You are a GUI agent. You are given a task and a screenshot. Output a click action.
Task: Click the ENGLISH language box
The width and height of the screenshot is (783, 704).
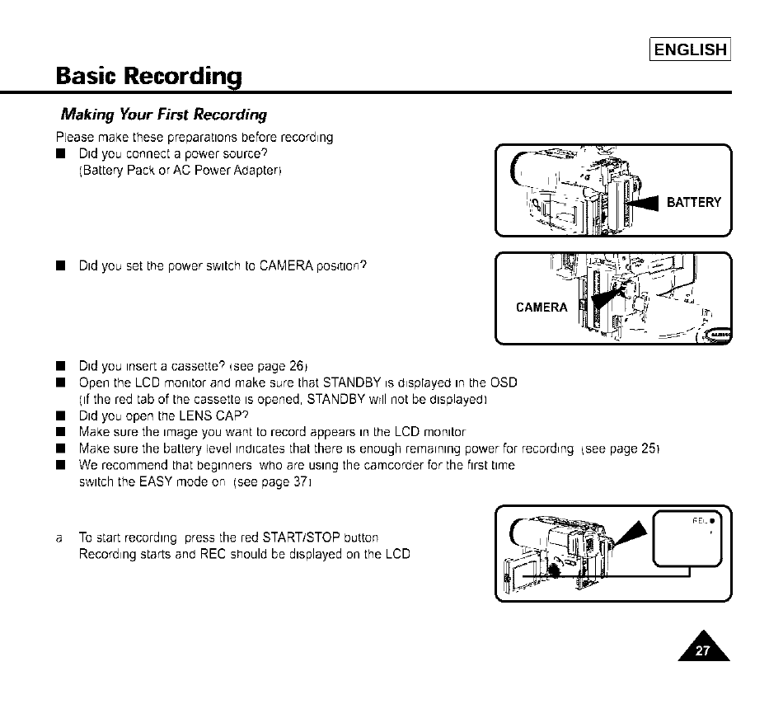690,49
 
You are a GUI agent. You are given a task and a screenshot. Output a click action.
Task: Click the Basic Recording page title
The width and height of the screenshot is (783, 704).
149,77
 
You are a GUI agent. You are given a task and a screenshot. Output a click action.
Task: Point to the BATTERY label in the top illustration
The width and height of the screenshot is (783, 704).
693,203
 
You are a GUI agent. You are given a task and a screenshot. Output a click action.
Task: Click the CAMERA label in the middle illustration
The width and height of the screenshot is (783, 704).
542,307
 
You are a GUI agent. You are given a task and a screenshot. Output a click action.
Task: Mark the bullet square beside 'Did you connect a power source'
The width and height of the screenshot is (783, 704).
60,154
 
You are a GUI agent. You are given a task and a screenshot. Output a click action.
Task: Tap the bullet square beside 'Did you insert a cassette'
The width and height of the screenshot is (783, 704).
60,367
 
